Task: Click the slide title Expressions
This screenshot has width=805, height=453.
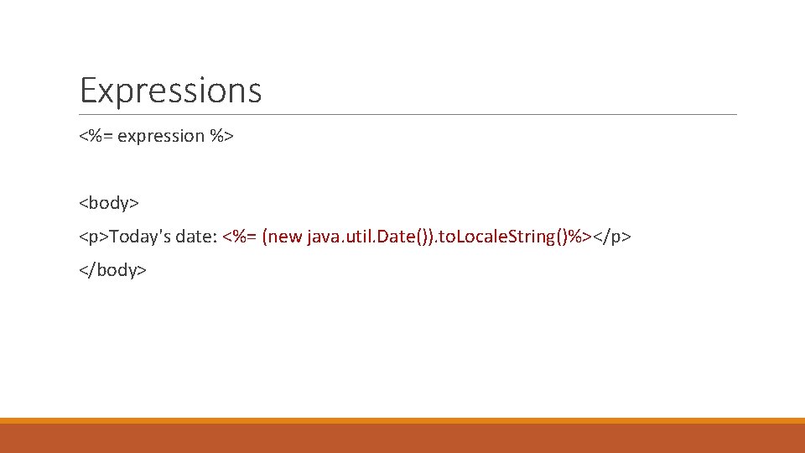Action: point(170,91)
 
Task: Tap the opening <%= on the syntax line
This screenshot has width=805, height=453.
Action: point(96,136)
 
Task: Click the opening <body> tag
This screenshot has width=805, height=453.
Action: point(109,203)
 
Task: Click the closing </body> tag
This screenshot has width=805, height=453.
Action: point(112,270)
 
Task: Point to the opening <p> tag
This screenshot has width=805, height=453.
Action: point(93,237)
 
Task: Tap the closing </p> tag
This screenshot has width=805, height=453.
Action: point(612,237)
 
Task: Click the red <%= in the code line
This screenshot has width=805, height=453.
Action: point(240,237)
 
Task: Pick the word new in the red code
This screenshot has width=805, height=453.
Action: point(285,237)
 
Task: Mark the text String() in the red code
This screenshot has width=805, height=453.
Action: point(535,237)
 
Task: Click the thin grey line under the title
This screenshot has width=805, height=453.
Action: point(408,114)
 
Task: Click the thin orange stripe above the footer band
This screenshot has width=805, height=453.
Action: point(402,420)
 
